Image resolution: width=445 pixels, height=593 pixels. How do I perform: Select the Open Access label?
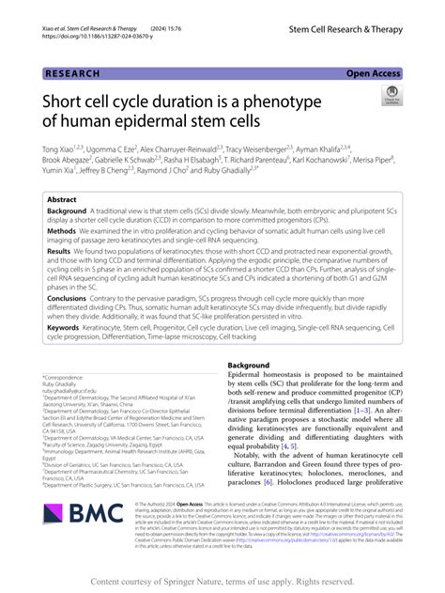point(373,72)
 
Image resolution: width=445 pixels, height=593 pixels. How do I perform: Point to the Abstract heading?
point(62,200)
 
